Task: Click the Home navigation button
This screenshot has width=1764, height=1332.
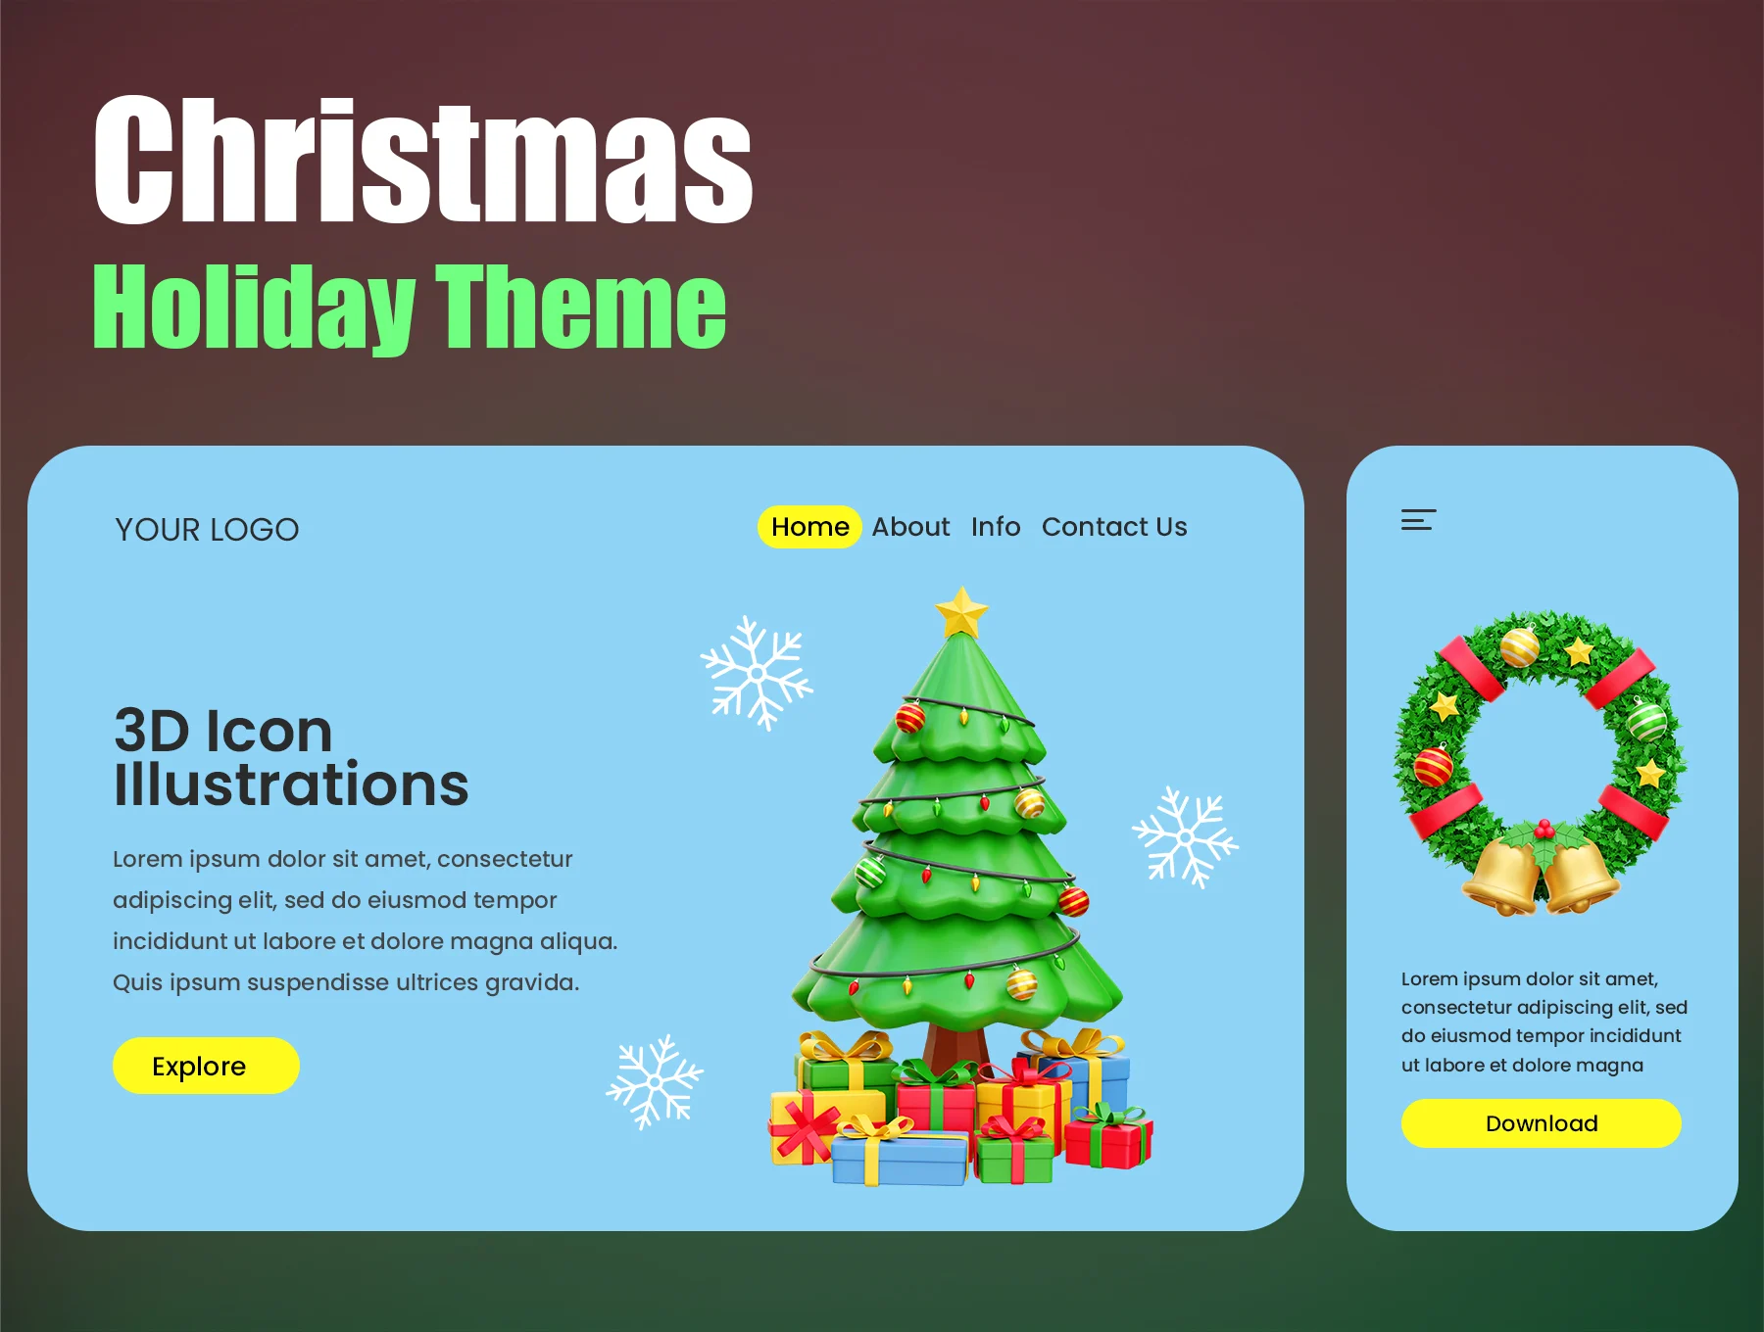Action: [809, 527]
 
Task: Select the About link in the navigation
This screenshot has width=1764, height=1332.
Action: [910, 527]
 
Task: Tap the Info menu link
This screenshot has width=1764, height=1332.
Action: [996, 527]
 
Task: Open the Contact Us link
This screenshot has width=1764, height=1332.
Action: [1114, 527]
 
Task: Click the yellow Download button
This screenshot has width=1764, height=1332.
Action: [1541, 1123]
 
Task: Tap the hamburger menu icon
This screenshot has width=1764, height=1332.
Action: [1418, 520]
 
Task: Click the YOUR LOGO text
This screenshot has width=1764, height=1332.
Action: [207, 530]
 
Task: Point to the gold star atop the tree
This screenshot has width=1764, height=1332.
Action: [961, 613]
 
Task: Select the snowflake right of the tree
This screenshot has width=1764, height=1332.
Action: [1185, 837]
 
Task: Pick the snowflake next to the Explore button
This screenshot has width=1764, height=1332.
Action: [655, 1081]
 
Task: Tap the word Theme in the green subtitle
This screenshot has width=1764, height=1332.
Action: [581, 308]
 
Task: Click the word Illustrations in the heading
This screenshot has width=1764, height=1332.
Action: [291, 785]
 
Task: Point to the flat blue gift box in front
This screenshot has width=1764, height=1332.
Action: [900, 1159]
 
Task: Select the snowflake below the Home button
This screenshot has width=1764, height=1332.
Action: [756, 673]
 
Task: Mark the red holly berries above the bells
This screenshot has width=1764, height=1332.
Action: [1544, 830]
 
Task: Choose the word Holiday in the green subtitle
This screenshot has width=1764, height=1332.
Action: [255, 308]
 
